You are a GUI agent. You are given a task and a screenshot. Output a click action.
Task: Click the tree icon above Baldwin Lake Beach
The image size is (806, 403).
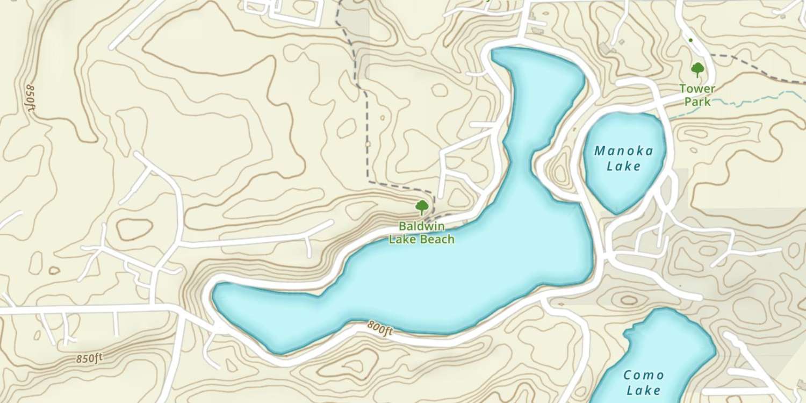(x=422, y=206)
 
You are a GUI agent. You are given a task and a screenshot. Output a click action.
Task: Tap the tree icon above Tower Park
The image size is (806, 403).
(x=697, y=69)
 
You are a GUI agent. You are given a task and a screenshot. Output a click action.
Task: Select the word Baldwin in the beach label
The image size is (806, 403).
(x=421, y=227)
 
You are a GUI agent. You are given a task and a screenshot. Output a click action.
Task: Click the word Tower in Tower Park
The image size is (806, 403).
(x=697, y=89)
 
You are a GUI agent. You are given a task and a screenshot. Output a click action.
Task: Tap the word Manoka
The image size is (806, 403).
(x=624, y=151)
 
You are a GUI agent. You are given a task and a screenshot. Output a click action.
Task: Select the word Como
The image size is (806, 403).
(x=644, y=375)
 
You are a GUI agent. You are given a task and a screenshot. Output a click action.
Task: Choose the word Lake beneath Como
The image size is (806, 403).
(x=644, y=390)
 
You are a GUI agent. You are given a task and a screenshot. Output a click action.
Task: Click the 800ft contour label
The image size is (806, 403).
(x=380, y=328)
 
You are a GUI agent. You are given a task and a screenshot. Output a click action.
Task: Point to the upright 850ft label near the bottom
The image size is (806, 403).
(x=89, y=358)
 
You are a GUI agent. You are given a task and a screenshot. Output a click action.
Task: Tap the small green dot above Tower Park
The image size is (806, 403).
(x=690, y=40)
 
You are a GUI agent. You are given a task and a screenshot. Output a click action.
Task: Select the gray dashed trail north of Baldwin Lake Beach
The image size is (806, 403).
(x=367, y=134)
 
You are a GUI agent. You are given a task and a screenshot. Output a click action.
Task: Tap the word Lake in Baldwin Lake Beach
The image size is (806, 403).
(x=401, y=240)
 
